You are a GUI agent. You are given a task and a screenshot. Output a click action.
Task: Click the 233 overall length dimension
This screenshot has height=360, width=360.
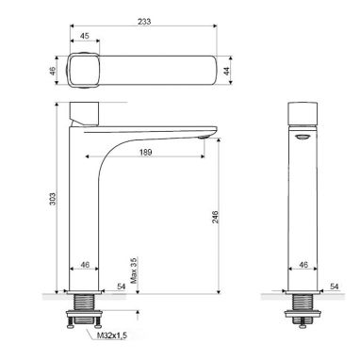point(144,22)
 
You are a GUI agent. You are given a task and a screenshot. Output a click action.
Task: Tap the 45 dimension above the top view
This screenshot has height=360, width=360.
point(84,36)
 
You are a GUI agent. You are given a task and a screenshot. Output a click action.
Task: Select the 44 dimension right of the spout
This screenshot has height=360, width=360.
point(226,71)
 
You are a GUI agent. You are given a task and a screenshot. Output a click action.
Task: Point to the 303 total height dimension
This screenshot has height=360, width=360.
point(53,199)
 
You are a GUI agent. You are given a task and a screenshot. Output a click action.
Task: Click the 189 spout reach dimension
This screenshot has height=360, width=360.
point(145,153)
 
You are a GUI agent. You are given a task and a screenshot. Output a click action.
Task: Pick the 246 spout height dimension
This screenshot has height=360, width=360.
point(215,217)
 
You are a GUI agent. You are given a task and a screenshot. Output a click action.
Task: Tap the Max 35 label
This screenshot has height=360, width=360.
point(135,270)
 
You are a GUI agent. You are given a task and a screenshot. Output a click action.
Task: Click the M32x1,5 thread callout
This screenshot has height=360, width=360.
point(112,335)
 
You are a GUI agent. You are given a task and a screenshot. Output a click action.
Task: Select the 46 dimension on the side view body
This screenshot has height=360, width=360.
point(303,265)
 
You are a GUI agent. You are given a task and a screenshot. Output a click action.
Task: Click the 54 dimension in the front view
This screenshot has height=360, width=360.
point(122,286)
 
